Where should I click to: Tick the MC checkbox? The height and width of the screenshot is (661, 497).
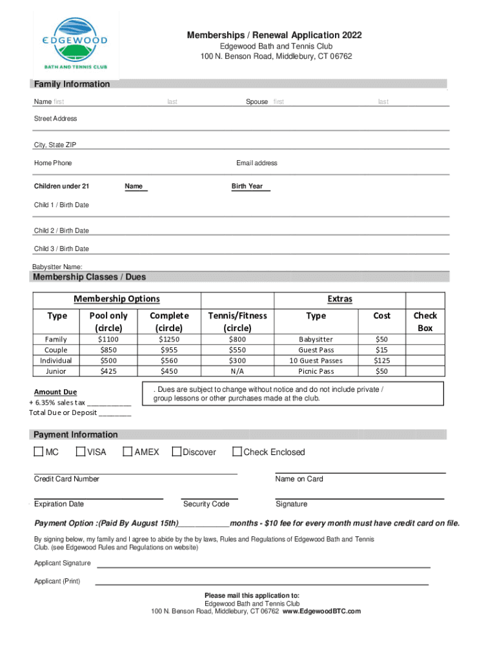[39, 452]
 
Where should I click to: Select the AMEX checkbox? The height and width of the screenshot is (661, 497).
[127, 452]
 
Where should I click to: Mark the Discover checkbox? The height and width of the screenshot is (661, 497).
[176, 452]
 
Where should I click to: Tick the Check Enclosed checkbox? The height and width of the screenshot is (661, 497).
[237, 452]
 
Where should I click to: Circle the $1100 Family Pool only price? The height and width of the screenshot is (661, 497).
[108, 339]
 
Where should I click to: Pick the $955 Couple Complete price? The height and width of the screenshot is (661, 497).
[169, 350]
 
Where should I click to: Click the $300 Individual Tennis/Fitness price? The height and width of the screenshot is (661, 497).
[237, 360]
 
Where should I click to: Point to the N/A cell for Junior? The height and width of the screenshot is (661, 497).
[237, 371]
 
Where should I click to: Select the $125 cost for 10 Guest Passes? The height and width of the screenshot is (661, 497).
[381, 360]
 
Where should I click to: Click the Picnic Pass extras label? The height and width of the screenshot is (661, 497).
[316, 371]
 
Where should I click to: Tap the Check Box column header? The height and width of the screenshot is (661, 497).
[425, 321]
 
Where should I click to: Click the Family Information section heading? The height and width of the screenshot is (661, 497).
[72, 84]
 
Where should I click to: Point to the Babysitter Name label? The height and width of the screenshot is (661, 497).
[57, 267]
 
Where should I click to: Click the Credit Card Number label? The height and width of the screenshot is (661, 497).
[66, 479]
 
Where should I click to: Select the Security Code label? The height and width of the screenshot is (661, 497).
[206, 504]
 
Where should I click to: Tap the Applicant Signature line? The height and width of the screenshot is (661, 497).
[263, 565]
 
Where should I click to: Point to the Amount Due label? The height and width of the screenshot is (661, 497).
[56, 392]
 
